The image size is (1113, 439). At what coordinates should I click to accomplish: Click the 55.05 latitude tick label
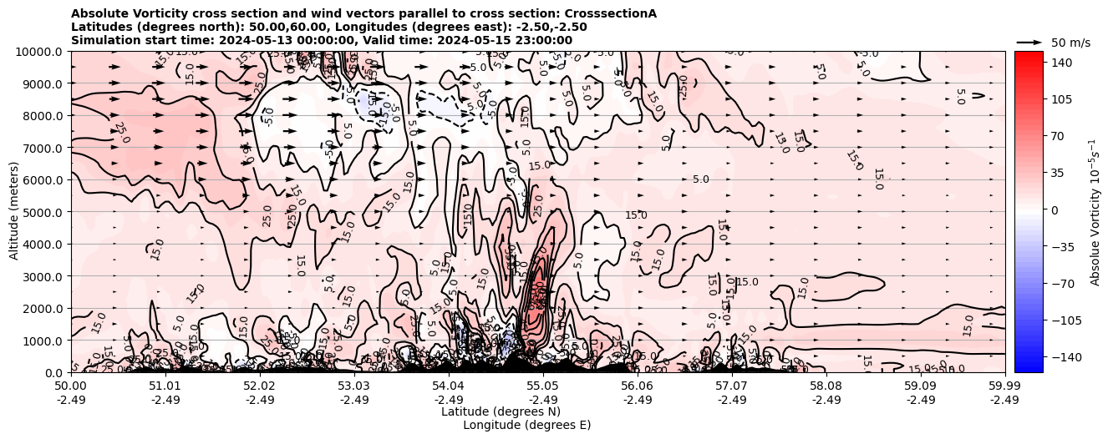pyautogui.click(x=543, y=386)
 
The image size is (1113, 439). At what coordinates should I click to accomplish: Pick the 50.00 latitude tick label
pyautogui.click(x=72, y=386)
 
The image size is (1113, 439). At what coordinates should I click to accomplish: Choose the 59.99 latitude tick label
pyautogui.click(x=1004, y=386)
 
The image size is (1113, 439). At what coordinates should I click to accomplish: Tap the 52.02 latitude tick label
pyautogui.click(x=260, y=386)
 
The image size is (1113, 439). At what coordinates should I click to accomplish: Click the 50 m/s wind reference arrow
pyautogui.click(x=1029, y=42)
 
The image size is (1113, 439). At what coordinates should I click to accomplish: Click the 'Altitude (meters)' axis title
pyautogui.click(x=14, y=212)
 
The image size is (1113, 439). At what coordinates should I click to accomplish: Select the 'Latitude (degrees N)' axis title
pyautogui.click(x=501, y=411)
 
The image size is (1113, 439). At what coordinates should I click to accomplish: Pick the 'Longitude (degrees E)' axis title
pyautogui.click(x=526, y=425)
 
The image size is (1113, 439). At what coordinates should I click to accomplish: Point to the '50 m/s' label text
pyautogui.click(x=1070, y=43)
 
